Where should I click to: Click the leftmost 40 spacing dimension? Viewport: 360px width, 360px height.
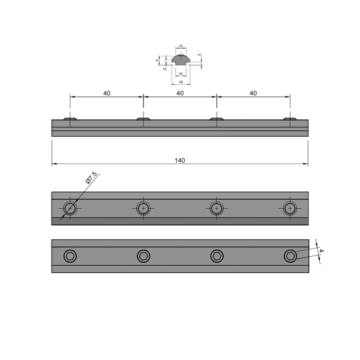click(x=107, y=93)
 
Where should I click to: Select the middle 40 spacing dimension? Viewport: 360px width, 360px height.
click(x=180, y=93)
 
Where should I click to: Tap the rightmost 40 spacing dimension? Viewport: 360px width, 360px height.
click(x=253, y=93)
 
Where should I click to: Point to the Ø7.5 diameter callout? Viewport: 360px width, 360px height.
click(x=91, y=179)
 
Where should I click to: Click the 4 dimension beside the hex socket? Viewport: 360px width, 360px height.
click(x=321, y=251)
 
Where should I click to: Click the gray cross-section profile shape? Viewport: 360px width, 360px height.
click(x=180, y=60)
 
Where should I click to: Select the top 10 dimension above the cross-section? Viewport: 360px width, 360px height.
click(x=181, y=46)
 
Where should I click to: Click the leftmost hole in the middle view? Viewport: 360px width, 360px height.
click(x=71, y=208)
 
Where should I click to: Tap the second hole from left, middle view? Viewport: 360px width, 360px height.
click(x=143, y=208)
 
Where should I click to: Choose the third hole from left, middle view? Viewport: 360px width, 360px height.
click(x=217, y=208)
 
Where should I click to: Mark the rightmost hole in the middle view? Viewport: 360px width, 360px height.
click(x=290, y=208)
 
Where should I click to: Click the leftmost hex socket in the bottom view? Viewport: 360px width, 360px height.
click(x=71, y=256)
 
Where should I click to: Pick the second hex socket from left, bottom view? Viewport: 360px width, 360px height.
click(x=143, y=256)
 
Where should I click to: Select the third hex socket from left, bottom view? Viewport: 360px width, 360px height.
click(x=217, y=256)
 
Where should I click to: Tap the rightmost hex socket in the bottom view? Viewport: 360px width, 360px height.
click(x=290, y=256)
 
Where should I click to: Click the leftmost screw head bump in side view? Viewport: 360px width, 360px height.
click(x=71, y=119)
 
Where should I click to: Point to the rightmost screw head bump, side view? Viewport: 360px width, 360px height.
click(x=290, y=119)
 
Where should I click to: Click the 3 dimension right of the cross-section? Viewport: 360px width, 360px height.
click(x=200, y=55)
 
